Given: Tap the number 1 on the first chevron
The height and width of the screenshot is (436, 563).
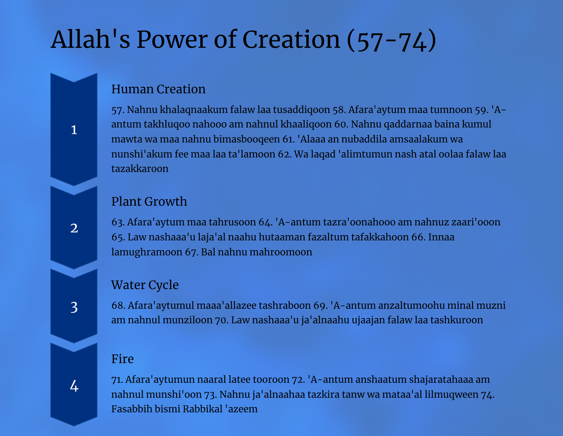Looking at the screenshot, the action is tap(74, 130).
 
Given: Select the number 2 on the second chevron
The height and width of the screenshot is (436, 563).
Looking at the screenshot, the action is tap(74, 228).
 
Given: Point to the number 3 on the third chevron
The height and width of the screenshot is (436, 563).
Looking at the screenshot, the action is tap(74, 307).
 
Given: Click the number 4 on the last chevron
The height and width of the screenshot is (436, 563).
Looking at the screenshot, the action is tap(74, 386).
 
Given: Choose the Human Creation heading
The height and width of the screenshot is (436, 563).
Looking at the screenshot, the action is tap(158, 89).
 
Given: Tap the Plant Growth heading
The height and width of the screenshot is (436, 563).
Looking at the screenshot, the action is tap(149, 201).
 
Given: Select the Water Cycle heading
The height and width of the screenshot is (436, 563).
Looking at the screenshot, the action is tap(145, 285).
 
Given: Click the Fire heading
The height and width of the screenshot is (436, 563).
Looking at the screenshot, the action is tap(122, 359).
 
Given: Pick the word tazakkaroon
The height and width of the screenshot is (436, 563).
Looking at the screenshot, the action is tap(140, 169).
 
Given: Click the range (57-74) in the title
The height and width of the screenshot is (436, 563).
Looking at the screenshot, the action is tap(391, 40).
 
